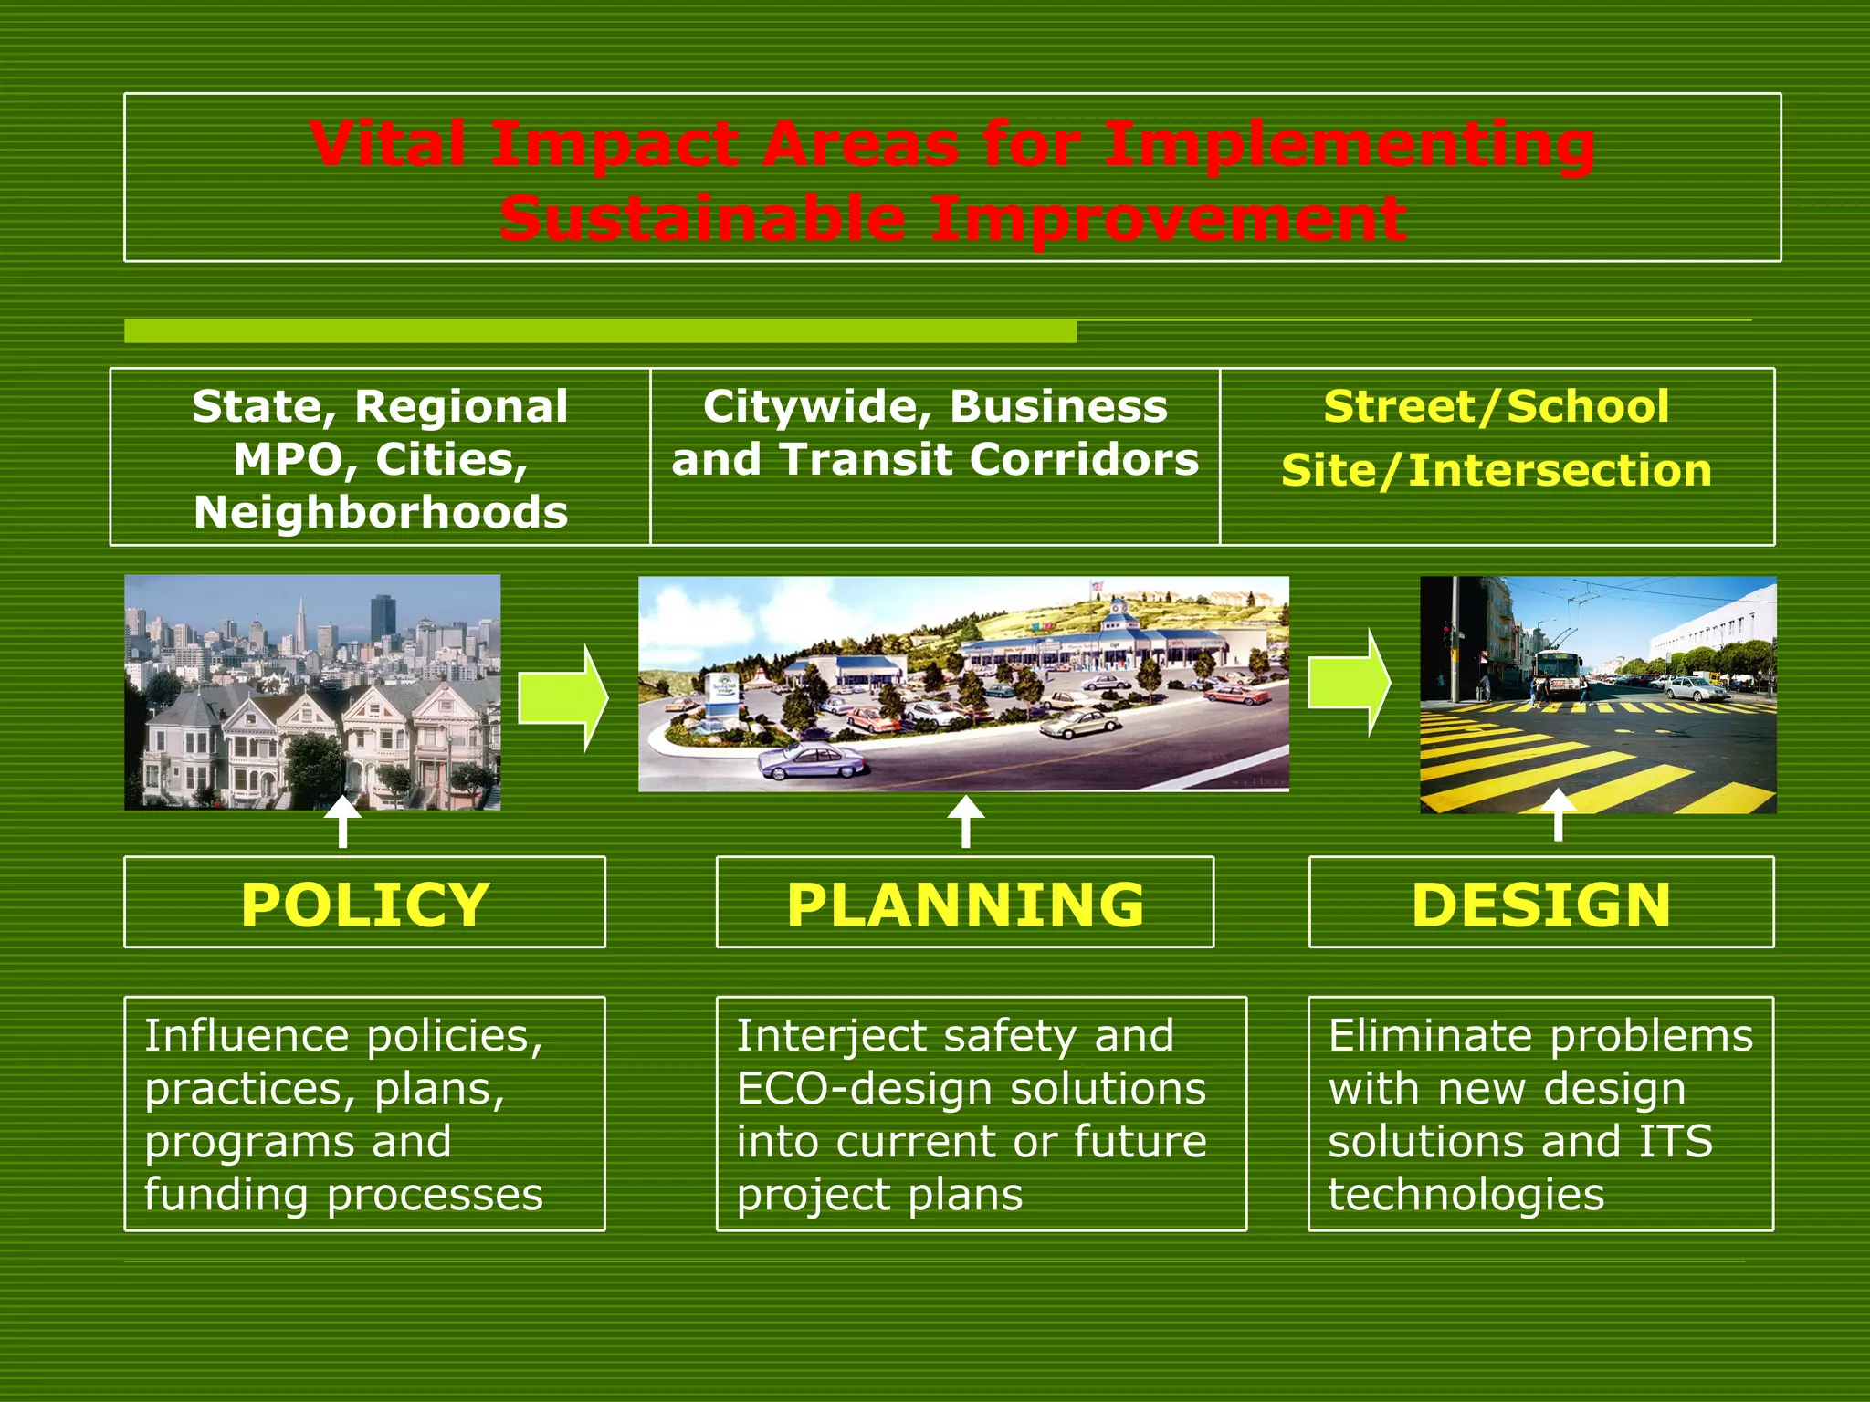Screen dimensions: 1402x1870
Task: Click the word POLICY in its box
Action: pyautogui.click(x=365, y=905)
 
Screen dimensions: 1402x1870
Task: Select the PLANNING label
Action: pyautogui.click(x=965, y=905)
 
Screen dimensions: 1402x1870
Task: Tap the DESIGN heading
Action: pyautogui.click(x=1541, y=905)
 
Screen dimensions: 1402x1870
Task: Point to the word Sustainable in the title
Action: pyautogui.click(x=701, y=219)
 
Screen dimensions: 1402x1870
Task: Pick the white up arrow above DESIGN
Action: pyautogui.click(x=1558, y=814)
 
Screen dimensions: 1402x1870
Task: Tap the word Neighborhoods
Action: pyautogui.click(x=381, y=512)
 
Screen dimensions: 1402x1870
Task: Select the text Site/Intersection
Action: pyautogui.click(x=1496, y=471)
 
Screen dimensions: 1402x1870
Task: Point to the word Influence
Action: pyautogui.click(x=247, y=1036)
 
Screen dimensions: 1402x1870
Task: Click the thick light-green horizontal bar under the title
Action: pyautogui.click(x=600, y=331)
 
